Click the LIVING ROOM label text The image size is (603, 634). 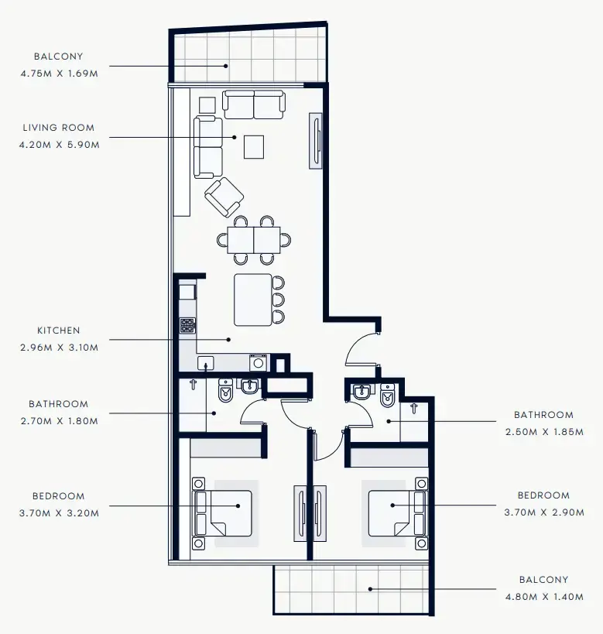[58, 128]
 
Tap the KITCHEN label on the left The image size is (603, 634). [58, 331]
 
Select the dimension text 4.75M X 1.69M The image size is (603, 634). [59, 73]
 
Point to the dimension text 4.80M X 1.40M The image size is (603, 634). [543, 596]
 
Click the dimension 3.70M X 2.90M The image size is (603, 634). [543, 512]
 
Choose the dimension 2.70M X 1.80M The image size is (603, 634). [59, 420]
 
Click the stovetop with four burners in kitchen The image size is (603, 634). [187, 326]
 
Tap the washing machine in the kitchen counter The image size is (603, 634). [258, 362]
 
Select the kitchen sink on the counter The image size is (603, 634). [206, 363]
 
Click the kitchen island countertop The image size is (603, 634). [253, 300]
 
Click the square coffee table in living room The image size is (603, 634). [254, 146]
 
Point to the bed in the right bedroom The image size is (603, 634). [396, 513]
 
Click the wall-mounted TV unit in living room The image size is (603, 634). [316, 140]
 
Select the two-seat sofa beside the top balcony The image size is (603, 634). [254, 105]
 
